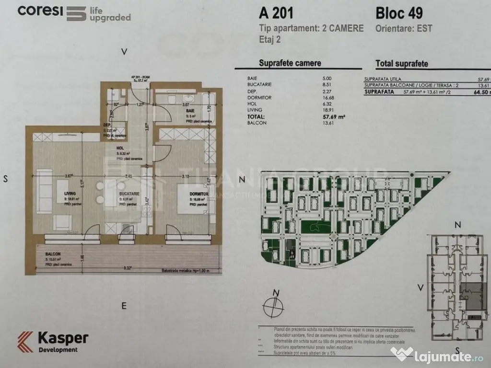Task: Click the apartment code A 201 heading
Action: pos(276,11)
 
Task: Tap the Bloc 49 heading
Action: pos(399,11)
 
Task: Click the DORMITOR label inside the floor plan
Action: pos(199,194)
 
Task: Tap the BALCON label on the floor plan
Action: pos(53,255)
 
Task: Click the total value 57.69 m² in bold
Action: pos(334,116)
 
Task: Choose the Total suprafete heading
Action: pos(402,63)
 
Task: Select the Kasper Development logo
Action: pos(53,342)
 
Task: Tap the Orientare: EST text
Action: pos(404,28)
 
